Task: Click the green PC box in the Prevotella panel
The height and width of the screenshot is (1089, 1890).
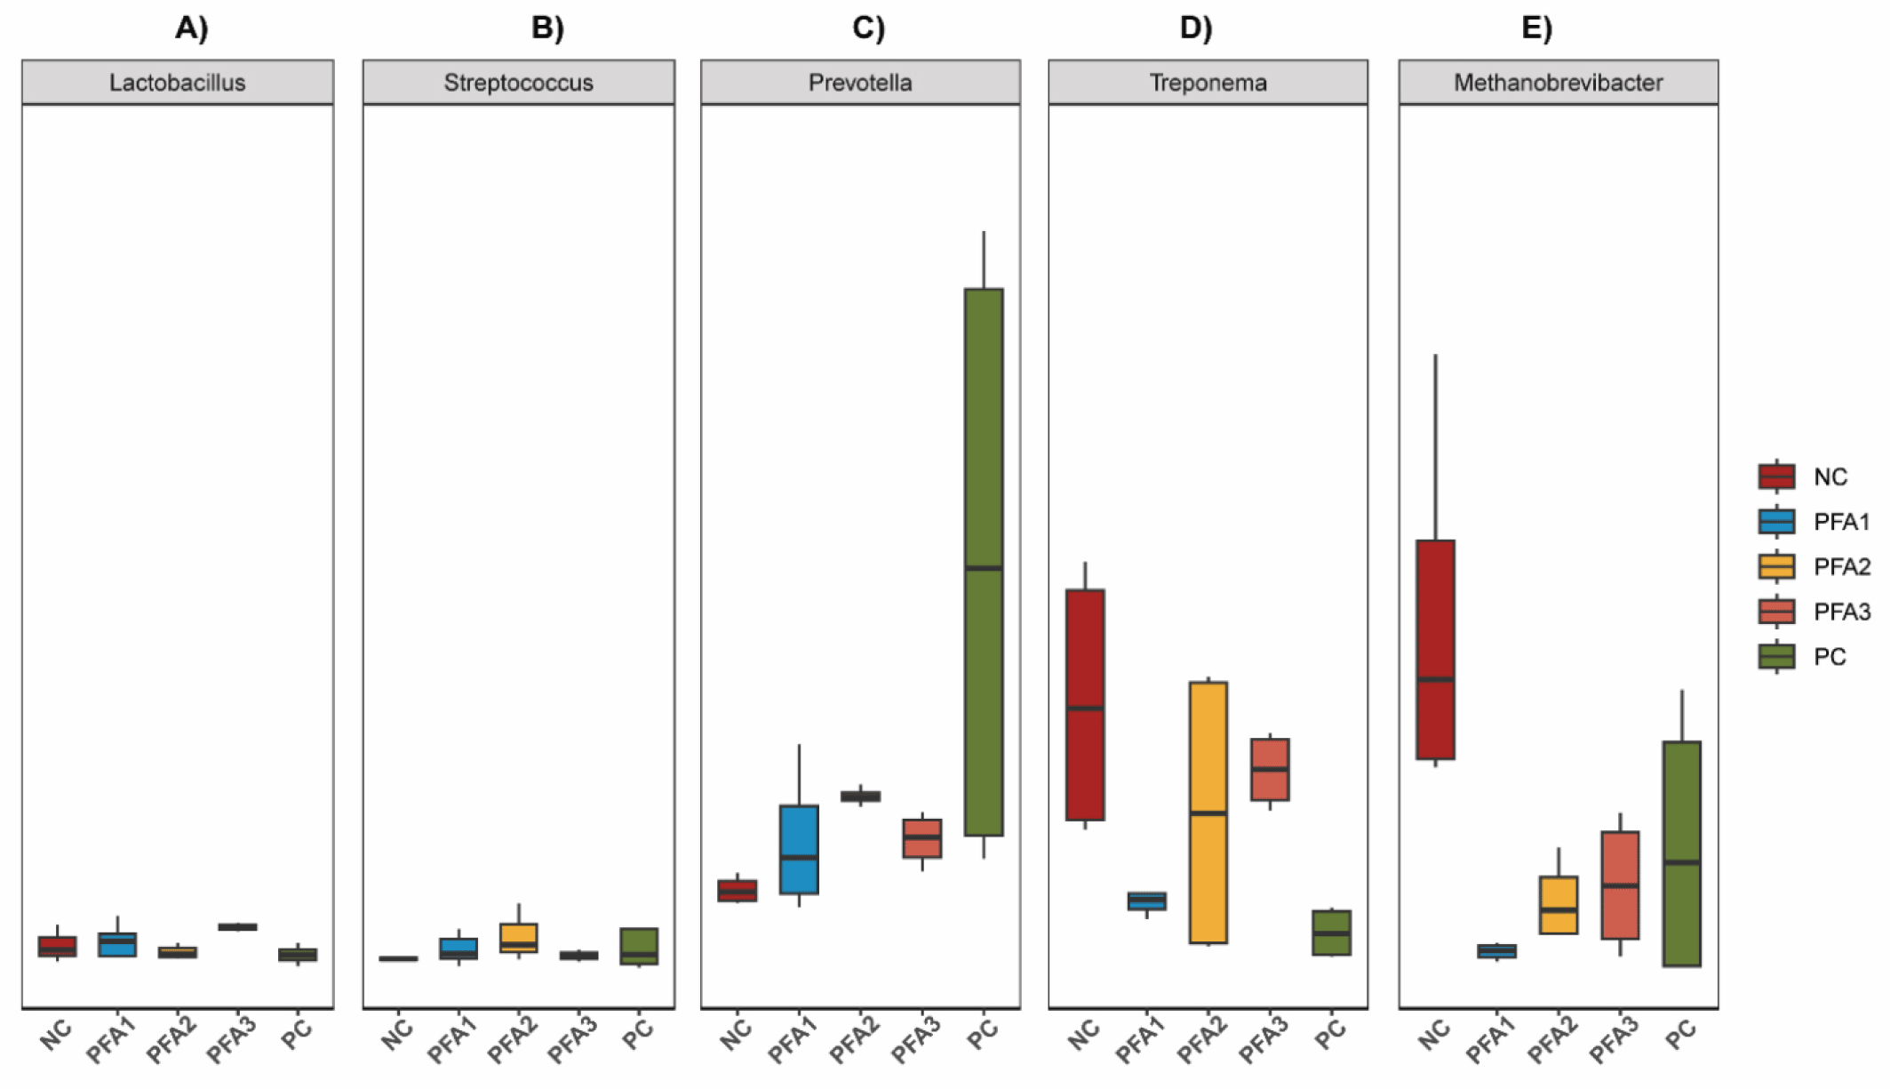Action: (984, 562)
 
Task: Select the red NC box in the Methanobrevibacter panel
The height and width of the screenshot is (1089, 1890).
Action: (1435, 649)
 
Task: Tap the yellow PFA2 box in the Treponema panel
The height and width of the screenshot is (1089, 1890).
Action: (1208, 812)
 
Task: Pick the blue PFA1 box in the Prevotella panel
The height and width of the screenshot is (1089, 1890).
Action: (799, 849)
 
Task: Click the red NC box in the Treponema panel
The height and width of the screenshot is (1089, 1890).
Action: (1085, 704)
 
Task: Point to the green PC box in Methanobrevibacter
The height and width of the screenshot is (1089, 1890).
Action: (1681, 853)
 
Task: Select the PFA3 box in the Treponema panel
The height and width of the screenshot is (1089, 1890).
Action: (1270, 769)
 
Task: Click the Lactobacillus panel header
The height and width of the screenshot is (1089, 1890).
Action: (178, 83)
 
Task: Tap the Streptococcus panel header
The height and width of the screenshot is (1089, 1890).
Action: (518, 83)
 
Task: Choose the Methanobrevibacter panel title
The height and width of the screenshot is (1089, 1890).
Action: (1558, 83)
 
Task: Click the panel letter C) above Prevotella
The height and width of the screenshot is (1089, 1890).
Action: (868, 28)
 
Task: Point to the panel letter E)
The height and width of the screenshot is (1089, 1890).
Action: (1536, 28)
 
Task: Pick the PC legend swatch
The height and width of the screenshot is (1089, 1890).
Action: (1777, 656)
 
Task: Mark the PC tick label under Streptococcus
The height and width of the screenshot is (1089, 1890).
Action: (638, 1034)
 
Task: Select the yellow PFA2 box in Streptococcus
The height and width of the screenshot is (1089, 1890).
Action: (519, 938)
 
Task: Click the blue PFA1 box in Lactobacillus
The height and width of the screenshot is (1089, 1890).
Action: (117, 944)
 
